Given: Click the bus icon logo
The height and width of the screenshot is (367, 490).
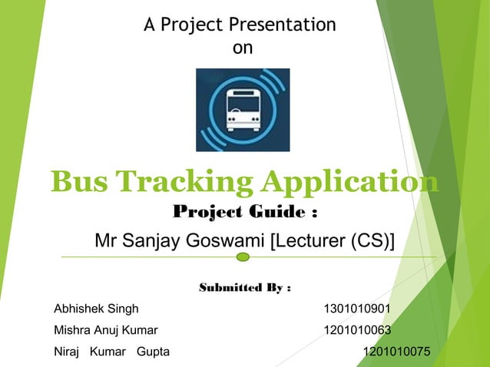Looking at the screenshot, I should pyautogui.click(x=243, y=109).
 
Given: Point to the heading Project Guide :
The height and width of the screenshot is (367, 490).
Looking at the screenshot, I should pyautogui.click(x=245, y=211).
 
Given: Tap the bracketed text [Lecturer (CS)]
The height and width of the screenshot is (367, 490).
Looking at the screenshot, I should pyautogui.click(x=332, y=241).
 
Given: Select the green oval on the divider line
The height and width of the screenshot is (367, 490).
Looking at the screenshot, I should pyautogui.click(x=243, y=256).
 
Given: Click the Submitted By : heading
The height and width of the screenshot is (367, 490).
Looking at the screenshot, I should pyautogui.click(x=245, y=288).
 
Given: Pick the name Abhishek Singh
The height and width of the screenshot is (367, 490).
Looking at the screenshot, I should pyautogui.click(x=96, y=309).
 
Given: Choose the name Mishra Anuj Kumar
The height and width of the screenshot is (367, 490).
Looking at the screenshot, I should pyautogui.click(x=105, y=331).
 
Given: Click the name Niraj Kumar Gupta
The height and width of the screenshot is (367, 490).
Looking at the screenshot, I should pyautogui.click(x=111, y=352).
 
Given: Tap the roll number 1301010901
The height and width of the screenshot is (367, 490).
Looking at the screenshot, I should pyautogui.click(x=357, y=309).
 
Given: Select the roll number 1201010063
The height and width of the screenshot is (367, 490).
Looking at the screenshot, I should pyautogui.click(x=357, y=331).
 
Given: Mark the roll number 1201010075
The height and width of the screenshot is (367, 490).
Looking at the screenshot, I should pyautogui.click(x=396, y=352).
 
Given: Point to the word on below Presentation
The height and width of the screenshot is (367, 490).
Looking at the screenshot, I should pyautogui.click(x=242, y=48).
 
